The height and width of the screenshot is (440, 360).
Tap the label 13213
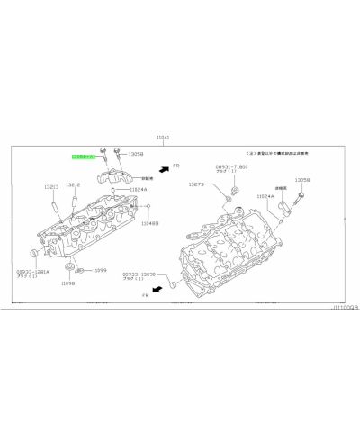pos(51,186)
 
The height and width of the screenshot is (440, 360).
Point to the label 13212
pos(74,186)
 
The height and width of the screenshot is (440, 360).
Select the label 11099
pos(99,270)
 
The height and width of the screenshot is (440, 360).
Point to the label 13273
pos(197,184)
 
